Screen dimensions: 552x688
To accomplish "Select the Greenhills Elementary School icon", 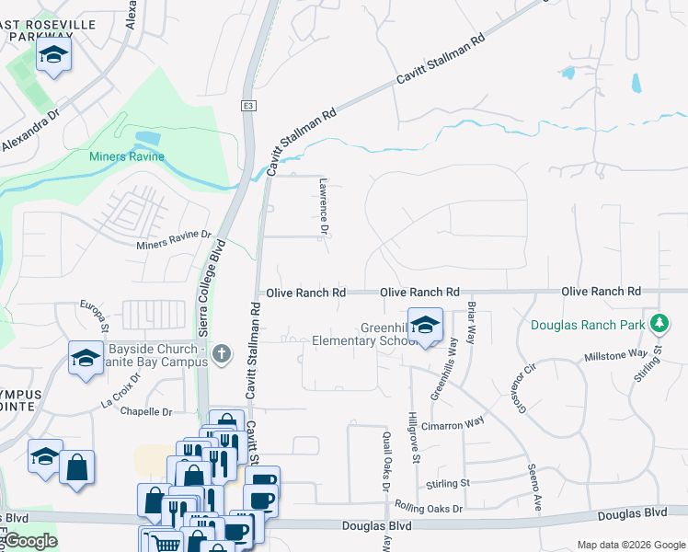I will point(425,326).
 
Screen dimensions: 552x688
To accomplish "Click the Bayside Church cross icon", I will point(221,353).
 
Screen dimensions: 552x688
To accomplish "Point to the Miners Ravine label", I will point(127,156).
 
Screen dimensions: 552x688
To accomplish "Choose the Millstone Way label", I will point(616,354).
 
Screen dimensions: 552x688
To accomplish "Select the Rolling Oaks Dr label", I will point(428,507).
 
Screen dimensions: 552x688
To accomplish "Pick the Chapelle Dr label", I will point(146,412).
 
